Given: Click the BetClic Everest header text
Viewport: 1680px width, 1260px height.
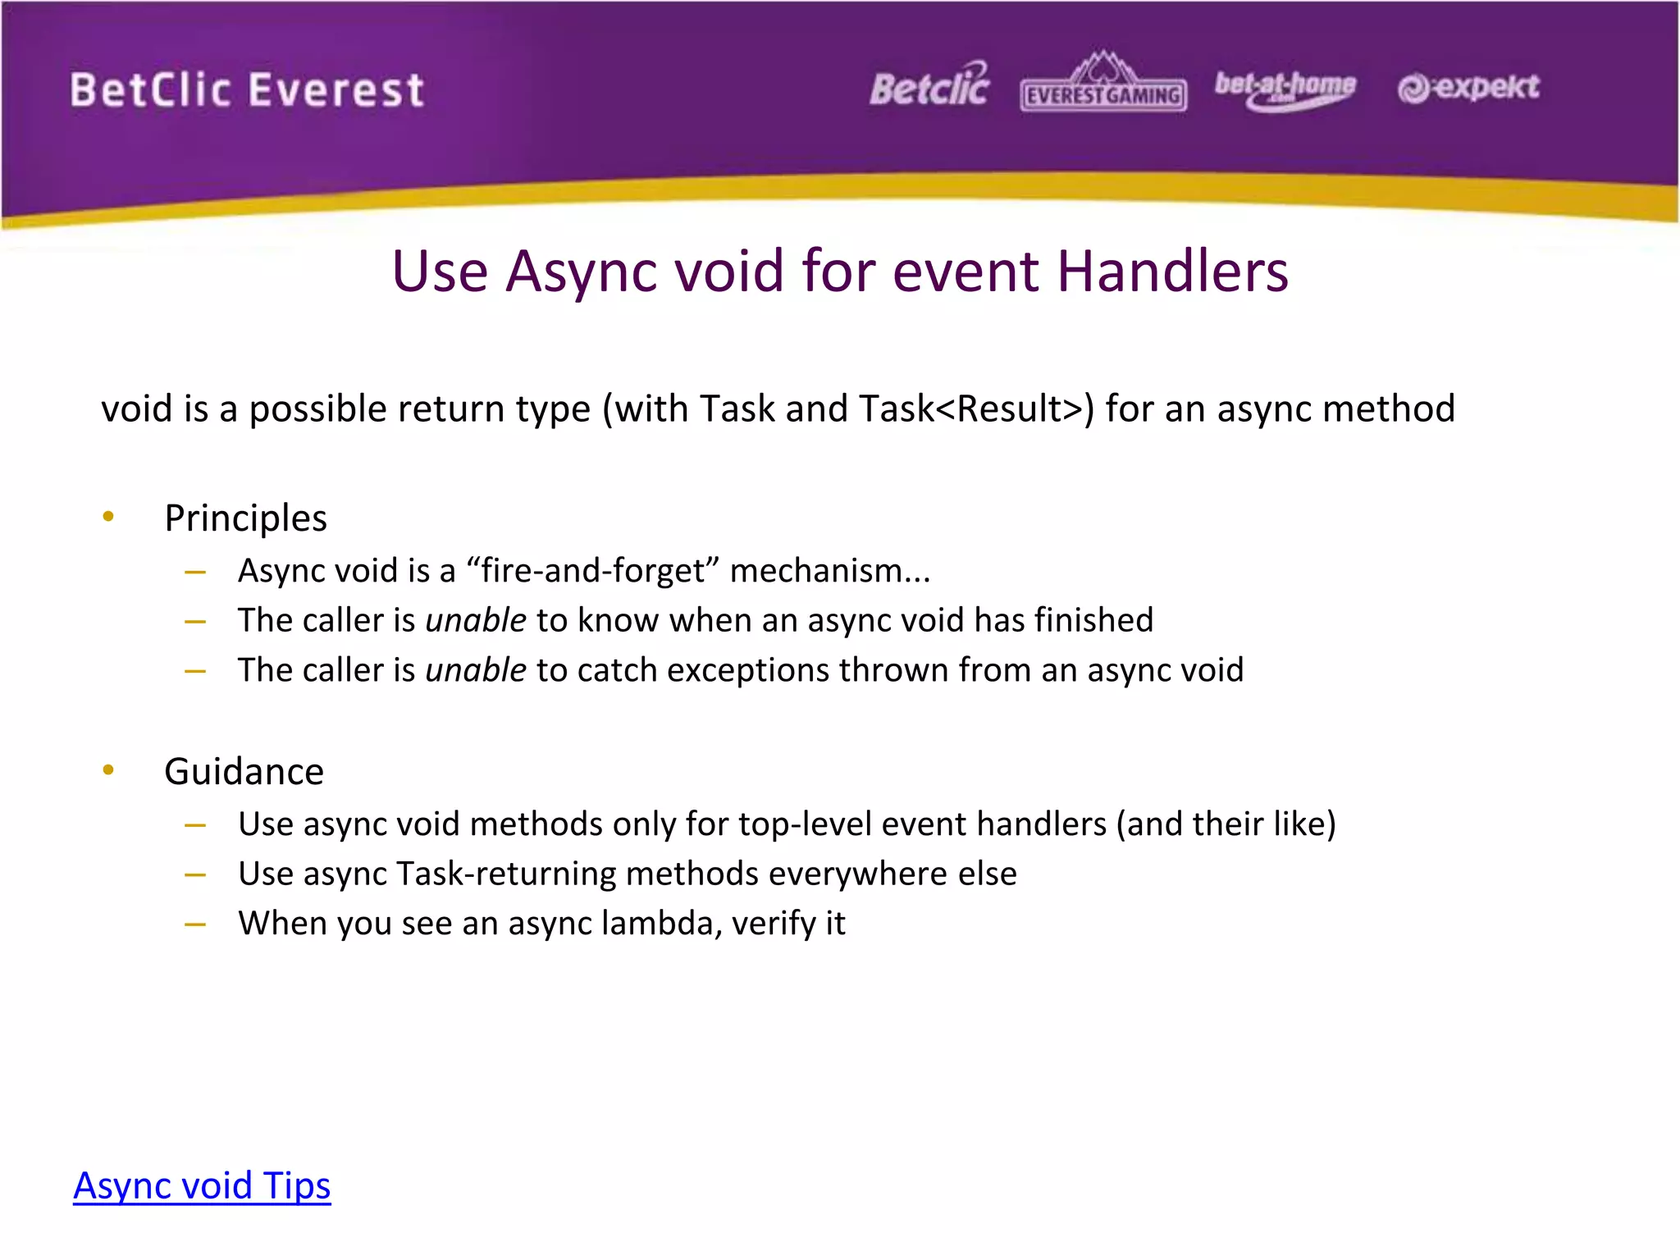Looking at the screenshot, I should pos(247,89).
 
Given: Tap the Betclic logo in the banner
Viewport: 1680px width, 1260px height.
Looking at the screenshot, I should pos(929,86).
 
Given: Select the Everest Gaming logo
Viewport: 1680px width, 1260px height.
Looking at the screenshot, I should pos(1103,85).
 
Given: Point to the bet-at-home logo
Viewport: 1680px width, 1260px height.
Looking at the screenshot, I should pos(1285,89).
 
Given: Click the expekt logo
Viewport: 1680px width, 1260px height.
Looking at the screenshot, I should pos(1468,87).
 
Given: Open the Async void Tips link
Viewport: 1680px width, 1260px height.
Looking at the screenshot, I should pos(202,1185).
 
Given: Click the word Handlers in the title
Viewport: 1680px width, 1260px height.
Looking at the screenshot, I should pos(1173,271).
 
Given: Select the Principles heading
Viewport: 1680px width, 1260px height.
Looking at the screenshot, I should pos(245,518).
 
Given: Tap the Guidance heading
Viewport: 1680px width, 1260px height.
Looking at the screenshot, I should pos(244,771).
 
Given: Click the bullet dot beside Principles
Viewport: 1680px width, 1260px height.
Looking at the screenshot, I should pos(108,516).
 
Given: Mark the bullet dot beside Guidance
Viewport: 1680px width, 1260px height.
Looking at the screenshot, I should pos(108,769).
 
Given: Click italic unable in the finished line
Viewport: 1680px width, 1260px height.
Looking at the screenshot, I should pos(476,620).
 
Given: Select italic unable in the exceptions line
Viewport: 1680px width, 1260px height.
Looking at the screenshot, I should pos(476,670).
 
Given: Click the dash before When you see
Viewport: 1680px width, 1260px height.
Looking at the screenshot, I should pos(195,924).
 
